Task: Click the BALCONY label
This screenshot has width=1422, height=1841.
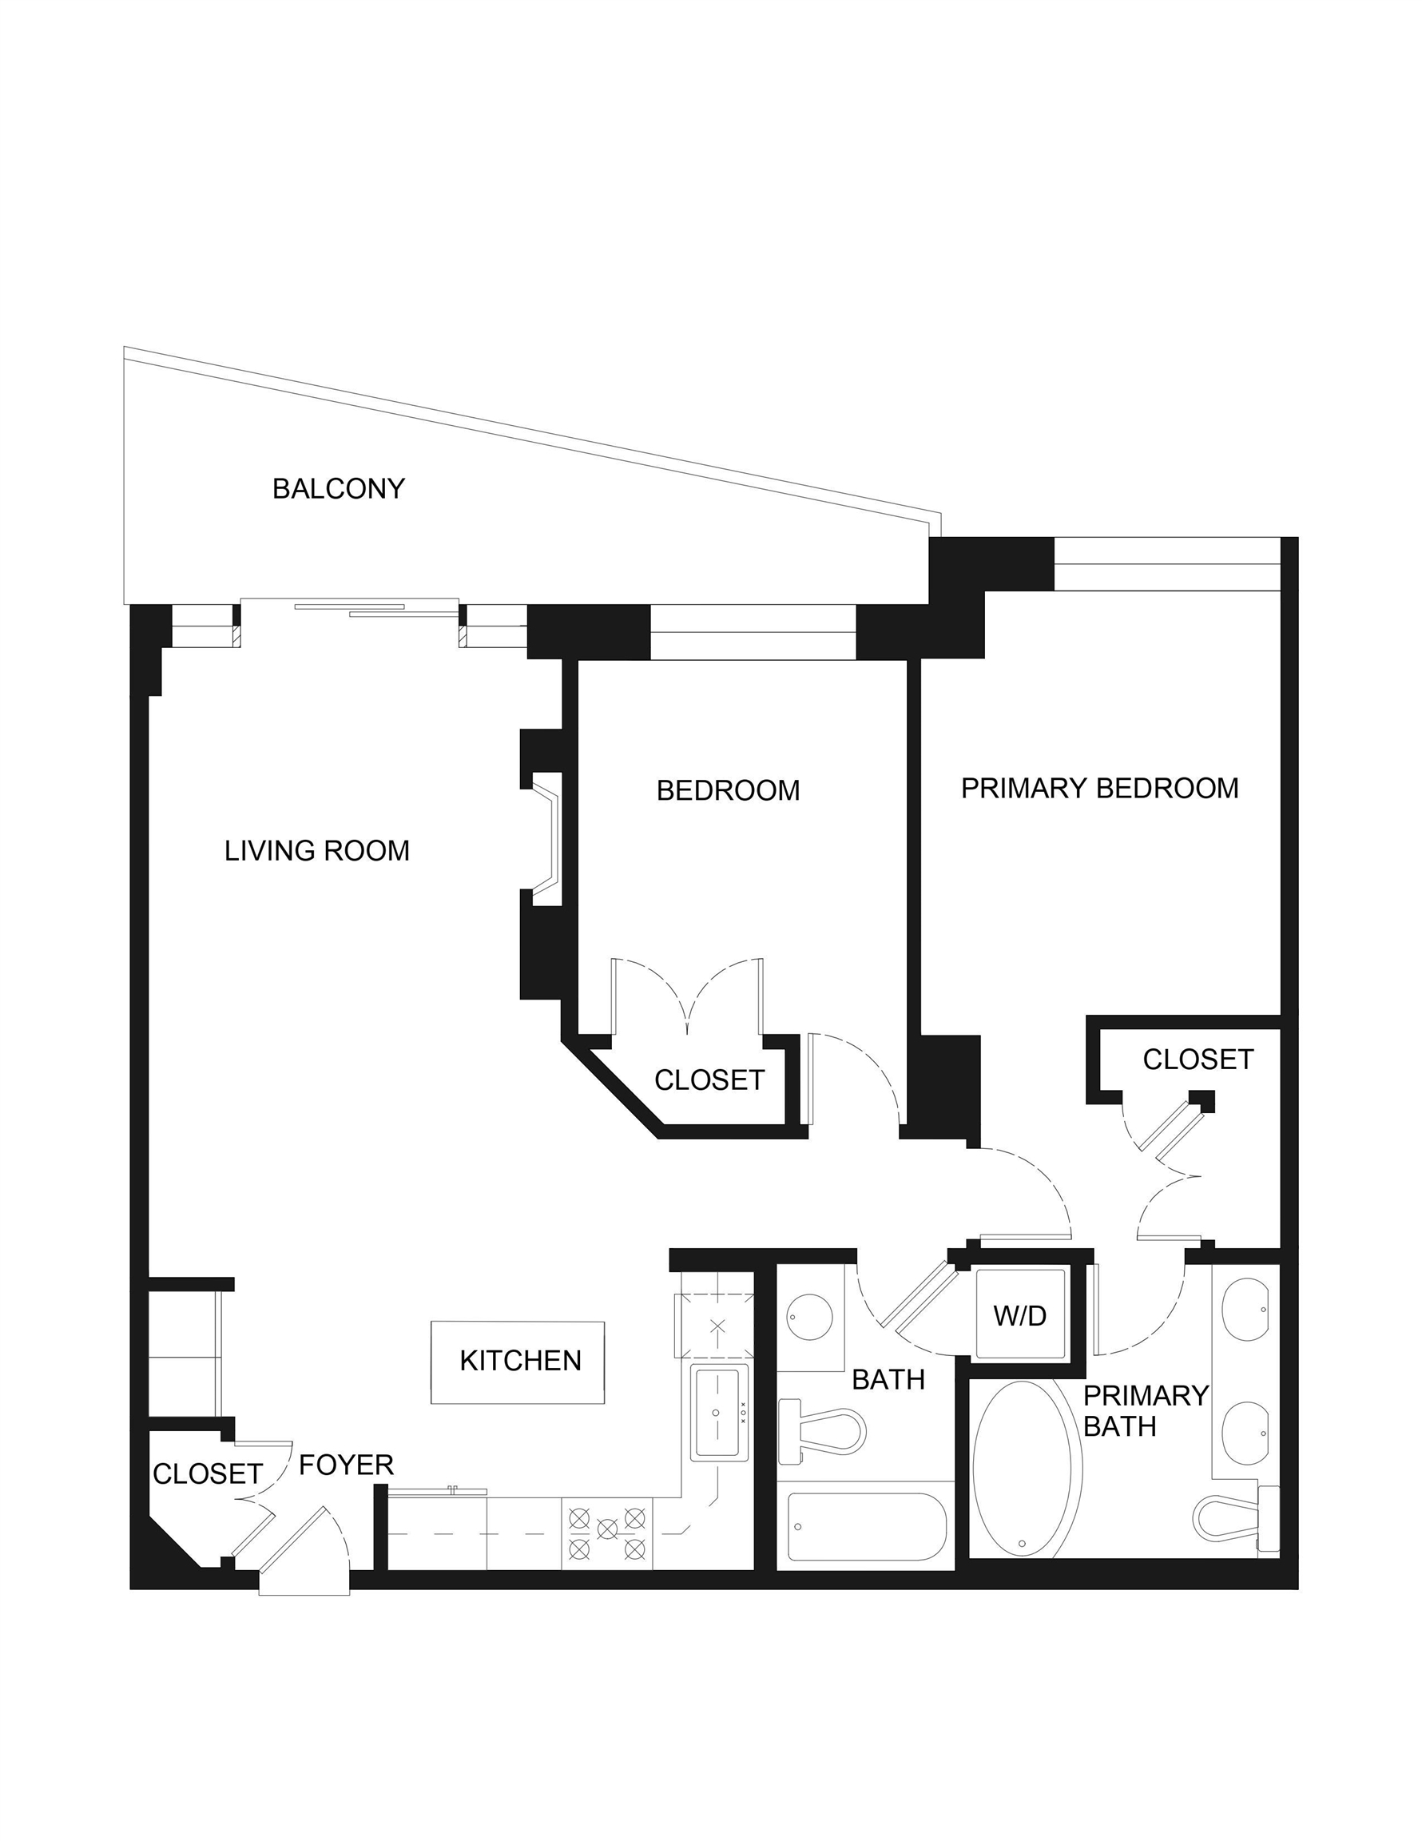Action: click(x=338, y=489)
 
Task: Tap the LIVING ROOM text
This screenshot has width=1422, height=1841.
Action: click(x=317, y=850)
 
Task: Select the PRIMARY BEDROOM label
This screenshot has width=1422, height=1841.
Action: click(x=1100, y=788)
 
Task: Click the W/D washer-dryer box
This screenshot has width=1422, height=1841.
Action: click(x=1020, y=1315)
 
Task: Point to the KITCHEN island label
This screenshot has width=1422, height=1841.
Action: click(x=520, y=1361)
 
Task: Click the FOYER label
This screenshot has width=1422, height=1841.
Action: click(x=347, y=1465)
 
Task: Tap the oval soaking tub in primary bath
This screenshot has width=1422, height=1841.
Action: click(x=1027, y=1469)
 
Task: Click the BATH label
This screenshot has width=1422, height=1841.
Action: click(x=888, y=1380)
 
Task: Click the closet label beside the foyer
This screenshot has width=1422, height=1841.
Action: click(x=208, y=1473)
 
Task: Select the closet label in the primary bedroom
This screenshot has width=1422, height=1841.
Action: click(x=1198, y=1060)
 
